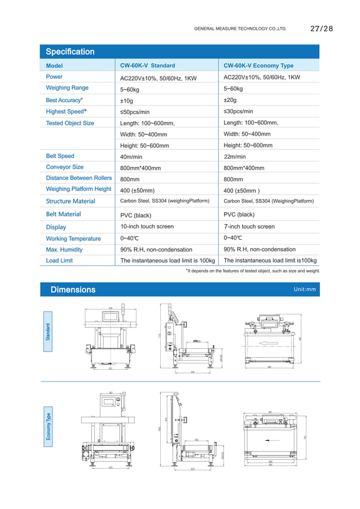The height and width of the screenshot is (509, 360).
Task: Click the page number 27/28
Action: [322, 28]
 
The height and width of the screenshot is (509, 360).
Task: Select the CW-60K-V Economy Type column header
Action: [258, 65]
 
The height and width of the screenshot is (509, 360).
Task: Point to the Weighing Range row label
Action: [67, 87]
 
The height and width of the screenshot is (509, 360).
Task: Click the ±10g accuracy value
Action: [126, 100]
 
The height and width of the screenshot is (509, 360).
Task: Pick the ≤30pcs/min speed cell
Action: [238, 111]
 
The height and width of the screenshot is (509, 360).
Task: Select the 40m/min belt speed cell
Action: [131, 156]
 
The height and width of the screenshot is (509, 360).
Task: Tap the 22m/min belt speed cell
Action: [235, 156]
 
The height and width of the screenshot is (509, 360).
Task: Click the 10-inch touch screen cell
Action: [147, 226]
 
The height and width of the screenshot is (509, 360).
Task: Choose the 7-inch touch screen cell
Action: [249, 226]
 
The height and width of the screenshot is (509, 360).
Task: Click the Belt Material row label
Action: [63, 214]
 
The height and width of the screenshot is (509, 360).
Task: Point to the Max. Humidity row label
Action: [64, 249]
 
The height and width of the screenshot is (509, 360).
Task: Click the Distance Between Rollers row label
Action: [78, 178]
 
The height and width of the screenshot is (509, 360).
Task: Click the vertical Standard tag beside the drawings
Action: [49, 331]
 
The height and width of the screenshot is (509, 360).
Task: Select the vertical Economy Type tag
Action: [49, 424]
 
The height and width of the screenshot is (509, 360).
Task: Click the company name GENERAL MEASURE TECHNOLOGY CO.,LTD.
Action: [240, 28]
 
